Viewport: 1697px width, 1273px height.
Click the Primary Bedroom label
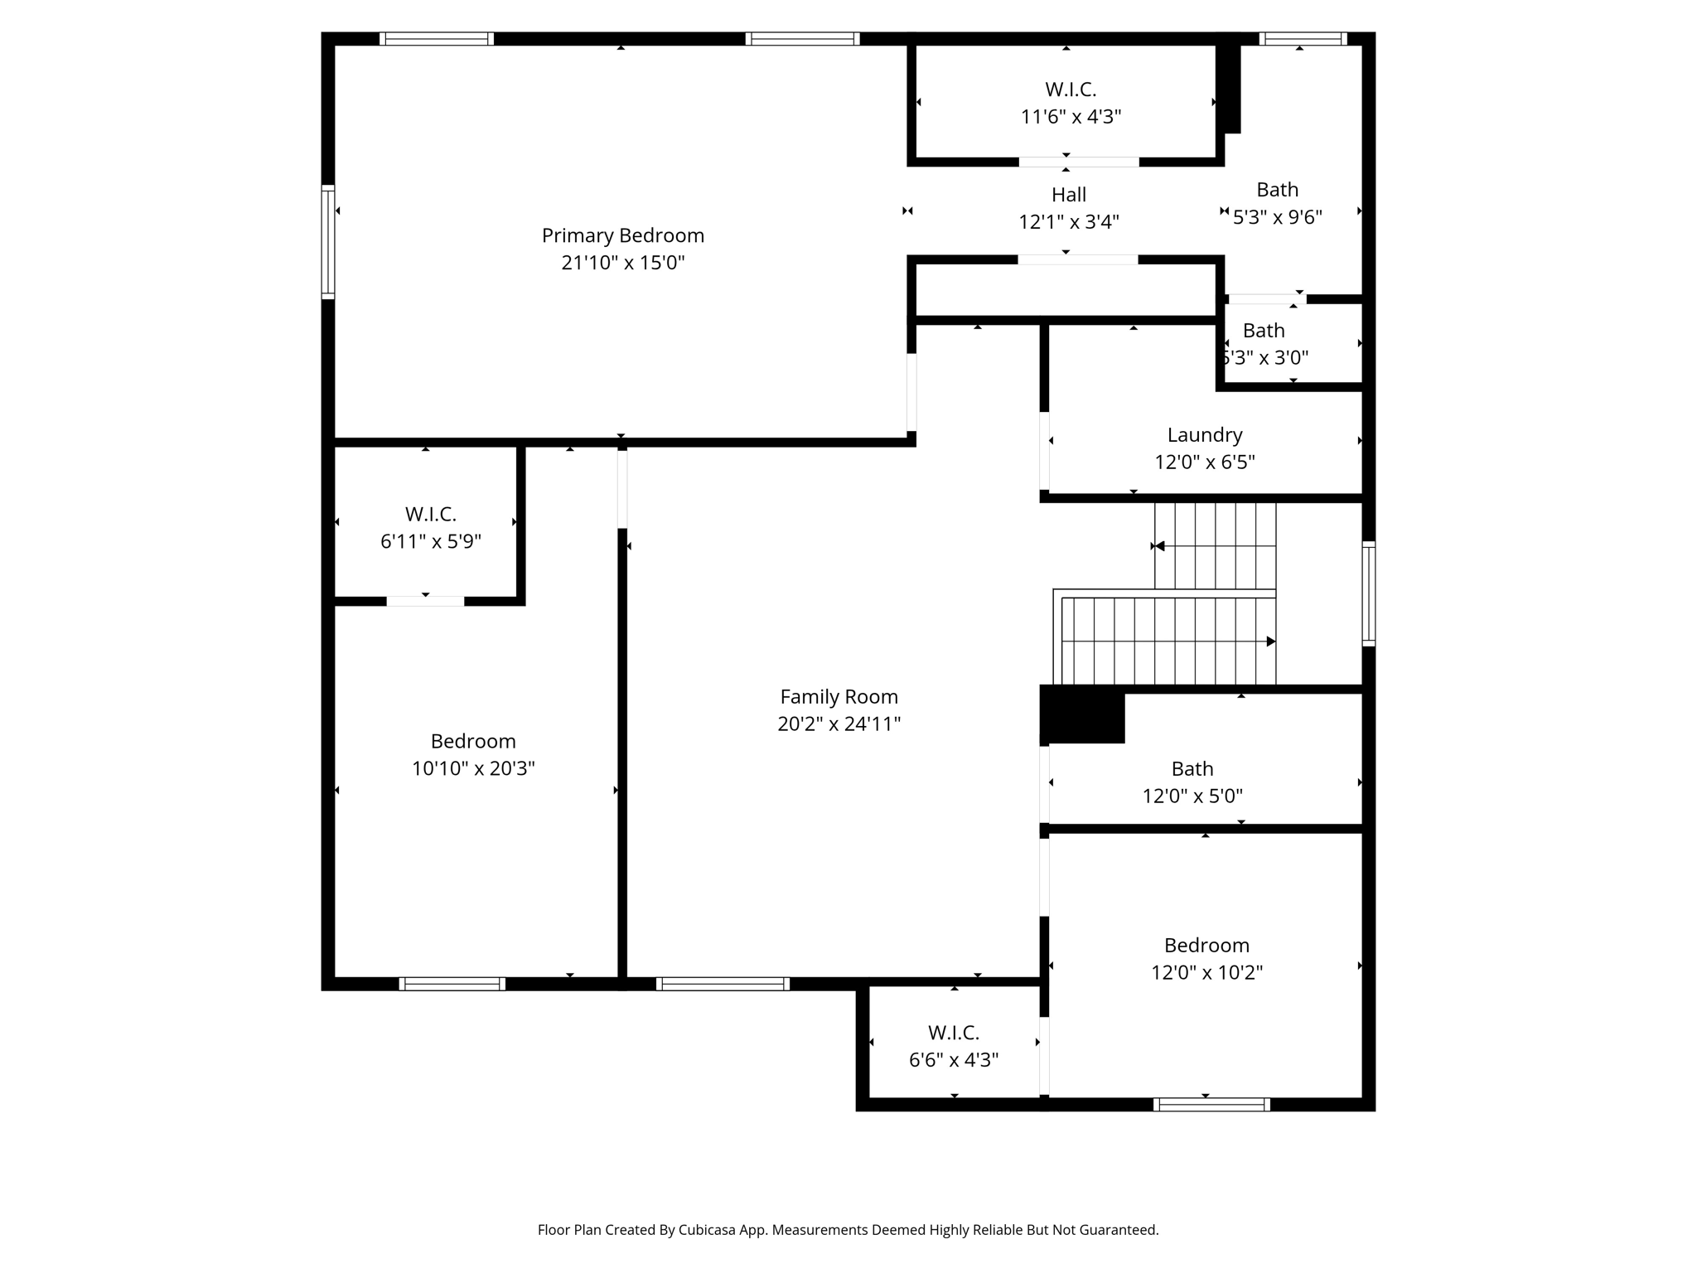pyautogui.click(x=622, y=235)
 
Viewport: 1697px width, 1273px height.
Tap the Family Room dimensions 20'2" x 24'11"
pyautogui.click(x=839, y=724)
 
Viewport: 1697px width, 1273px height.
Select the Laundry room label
pyautogui.click(x=1204, y=435)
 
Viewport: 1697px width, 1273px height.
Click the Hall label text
pyautogui.click(x=1068, y=195)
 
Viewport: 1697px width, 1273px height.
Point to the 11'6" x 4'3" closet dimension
pyautogui.click(x=1071, y=117)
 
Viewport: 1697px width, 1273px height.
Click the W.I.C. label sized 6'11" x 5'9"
pyautogui.click(x=430, y=515)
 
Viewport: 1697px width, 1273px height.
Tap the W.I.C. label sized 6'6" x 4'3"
pyautogui.click(x=953, y=1033)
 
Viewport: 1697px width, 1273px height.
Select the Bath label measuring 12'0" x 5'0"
pyautogui.click(x=1192, y=769)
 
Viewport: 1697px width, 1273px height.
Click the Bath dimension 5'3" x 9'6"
pyautogui.click(x=1277, y=217)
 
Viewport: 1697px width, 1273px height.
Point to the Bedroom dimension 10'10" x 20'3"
pyautogui.click(x=473, y=768)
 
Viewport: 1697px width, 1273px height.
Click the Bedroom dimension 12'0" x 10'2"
pyautogui.click(x=1206, y=972)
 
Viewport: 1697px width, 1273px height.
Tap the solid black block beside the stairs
pyautogui.click(x=1081, y=714)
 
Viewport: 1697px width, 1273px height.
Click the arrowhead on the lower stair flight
pyautogui.click(x=1270, y=641)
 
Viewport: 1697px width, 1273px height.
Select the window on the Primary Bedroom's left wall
pyautogui.click(x=328, y=241)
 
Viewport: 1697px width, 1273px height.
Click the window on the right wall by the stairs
pyautogui.click(x=1369, y=593)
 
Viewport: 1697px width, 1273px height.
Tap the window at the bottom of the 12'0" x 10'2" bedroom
pyautogui.click(x=1211, y=1104)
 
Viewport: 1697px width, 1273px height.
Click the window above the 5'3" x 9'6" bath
pyautogui.click(x=1303, y=39)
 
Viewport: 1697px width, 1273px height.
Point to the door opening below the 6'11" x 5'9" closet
pyautogui.click(x=425, y=601)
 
